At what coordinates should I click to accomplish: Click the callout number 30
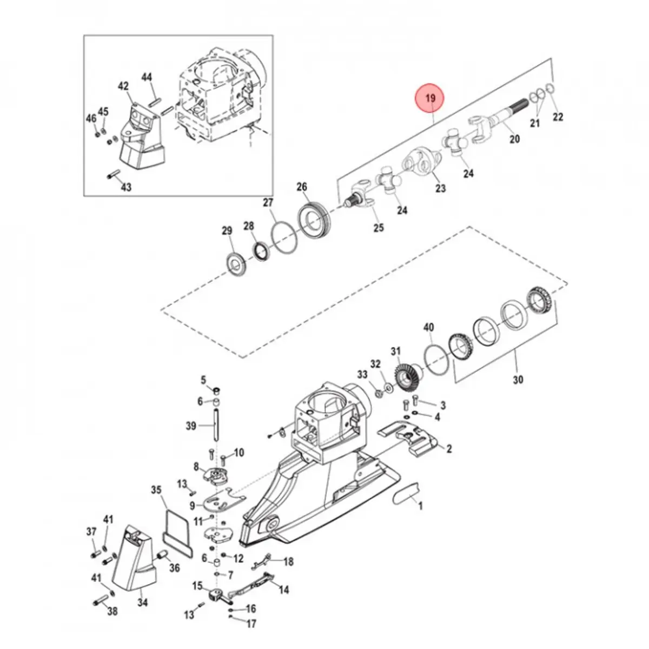tap(518, 380)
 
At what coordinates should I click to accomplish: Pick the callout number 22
tap(558, 117)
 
